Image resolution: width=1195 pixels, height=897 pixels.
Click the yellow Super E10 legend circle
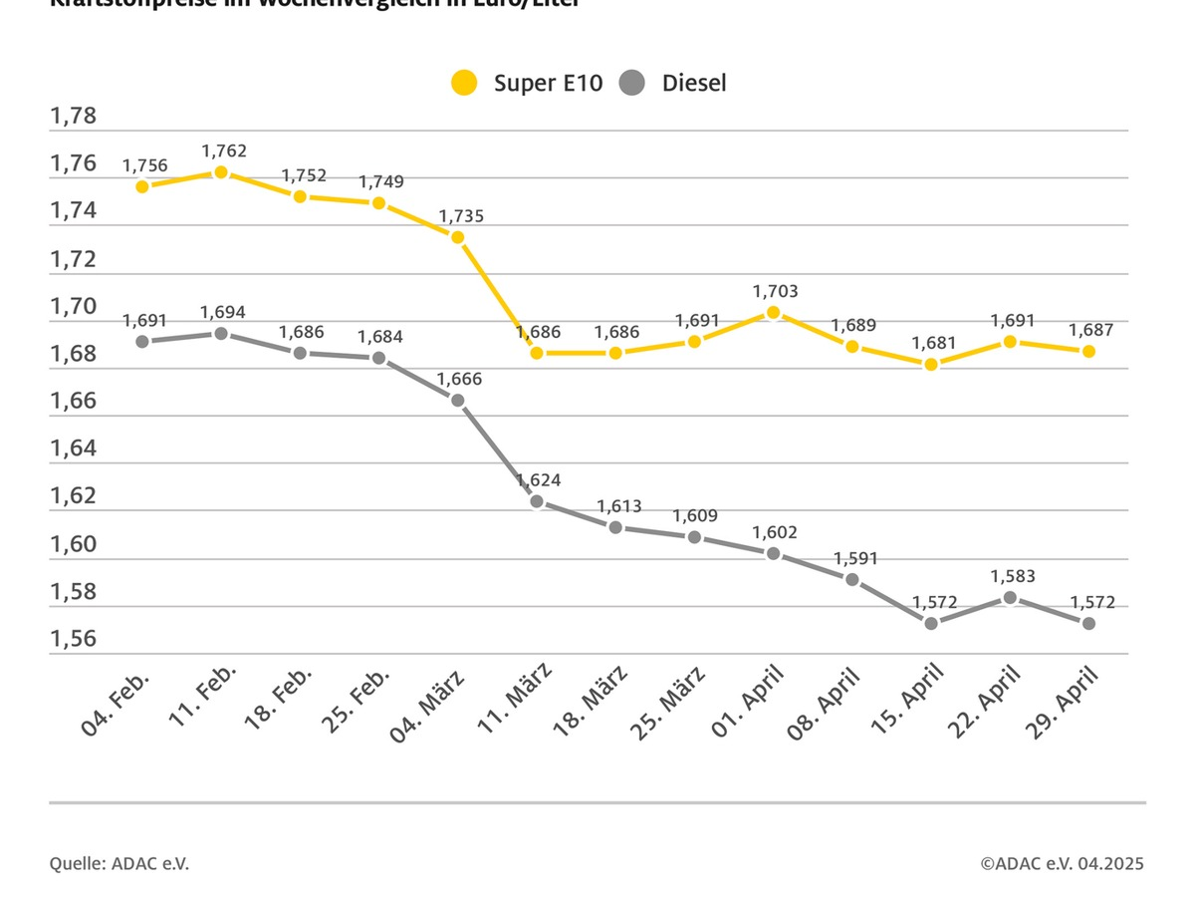point(464,83)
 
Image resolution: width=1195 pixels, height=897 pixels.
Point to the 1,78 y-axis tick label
point(73,117)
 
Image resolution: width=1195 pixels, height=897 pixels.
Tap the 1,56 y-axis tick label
point(73,639)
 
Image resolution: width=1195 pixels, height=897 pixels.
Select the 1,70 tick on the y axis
point(73,307)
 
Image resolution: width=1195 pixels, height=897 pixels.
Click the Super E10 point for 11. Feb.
point(221,172)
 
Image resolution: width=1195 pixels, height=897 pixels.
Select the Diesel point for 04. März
point(457,400)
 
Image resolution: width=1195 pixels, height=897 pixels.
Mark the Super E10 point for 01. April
point(773,312)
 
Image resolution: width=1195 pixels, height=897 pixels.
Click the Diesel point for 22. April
point(1010,597)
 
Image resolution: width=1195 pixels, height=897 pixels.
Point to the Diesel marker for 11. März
point(537,501)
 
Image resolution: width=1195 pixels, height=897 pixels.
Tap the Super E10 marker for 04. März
point(457,237)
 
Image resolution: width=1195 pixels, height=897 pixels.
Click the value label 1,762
point(224,151)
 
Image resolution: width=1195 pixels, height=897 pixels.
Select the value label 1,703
point(775,291)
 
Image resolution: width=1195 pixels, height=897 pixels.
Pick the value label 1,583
point(1012,576)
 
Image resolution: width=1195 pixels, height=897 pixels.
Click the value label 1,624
point(538,480)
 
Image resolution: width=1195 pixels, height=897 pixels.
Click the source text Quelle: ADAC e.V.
point(119,863)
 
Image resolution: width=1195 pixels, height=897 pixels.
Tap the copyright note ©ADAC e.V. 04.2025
point(1062,863)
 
